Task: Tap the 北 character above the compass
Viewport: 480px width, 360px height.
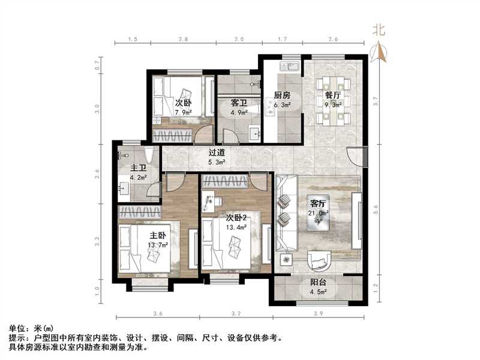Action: coord(379,29)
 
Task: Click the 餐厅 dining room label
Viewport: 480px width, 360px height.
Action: coord(333,95)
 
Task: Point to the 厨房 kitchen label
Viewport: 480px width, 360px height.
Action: coord(282,95)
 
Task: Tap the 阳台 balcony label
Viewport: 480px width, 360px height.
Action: coord(318,284)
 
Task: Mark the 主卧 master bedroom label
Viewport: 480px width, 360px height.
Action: coord(158,236)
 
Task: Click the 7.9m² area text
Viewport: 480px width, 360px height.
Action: coord(183,112)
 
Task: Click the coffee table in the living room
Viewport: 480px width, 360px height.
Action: coord(317,221)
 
